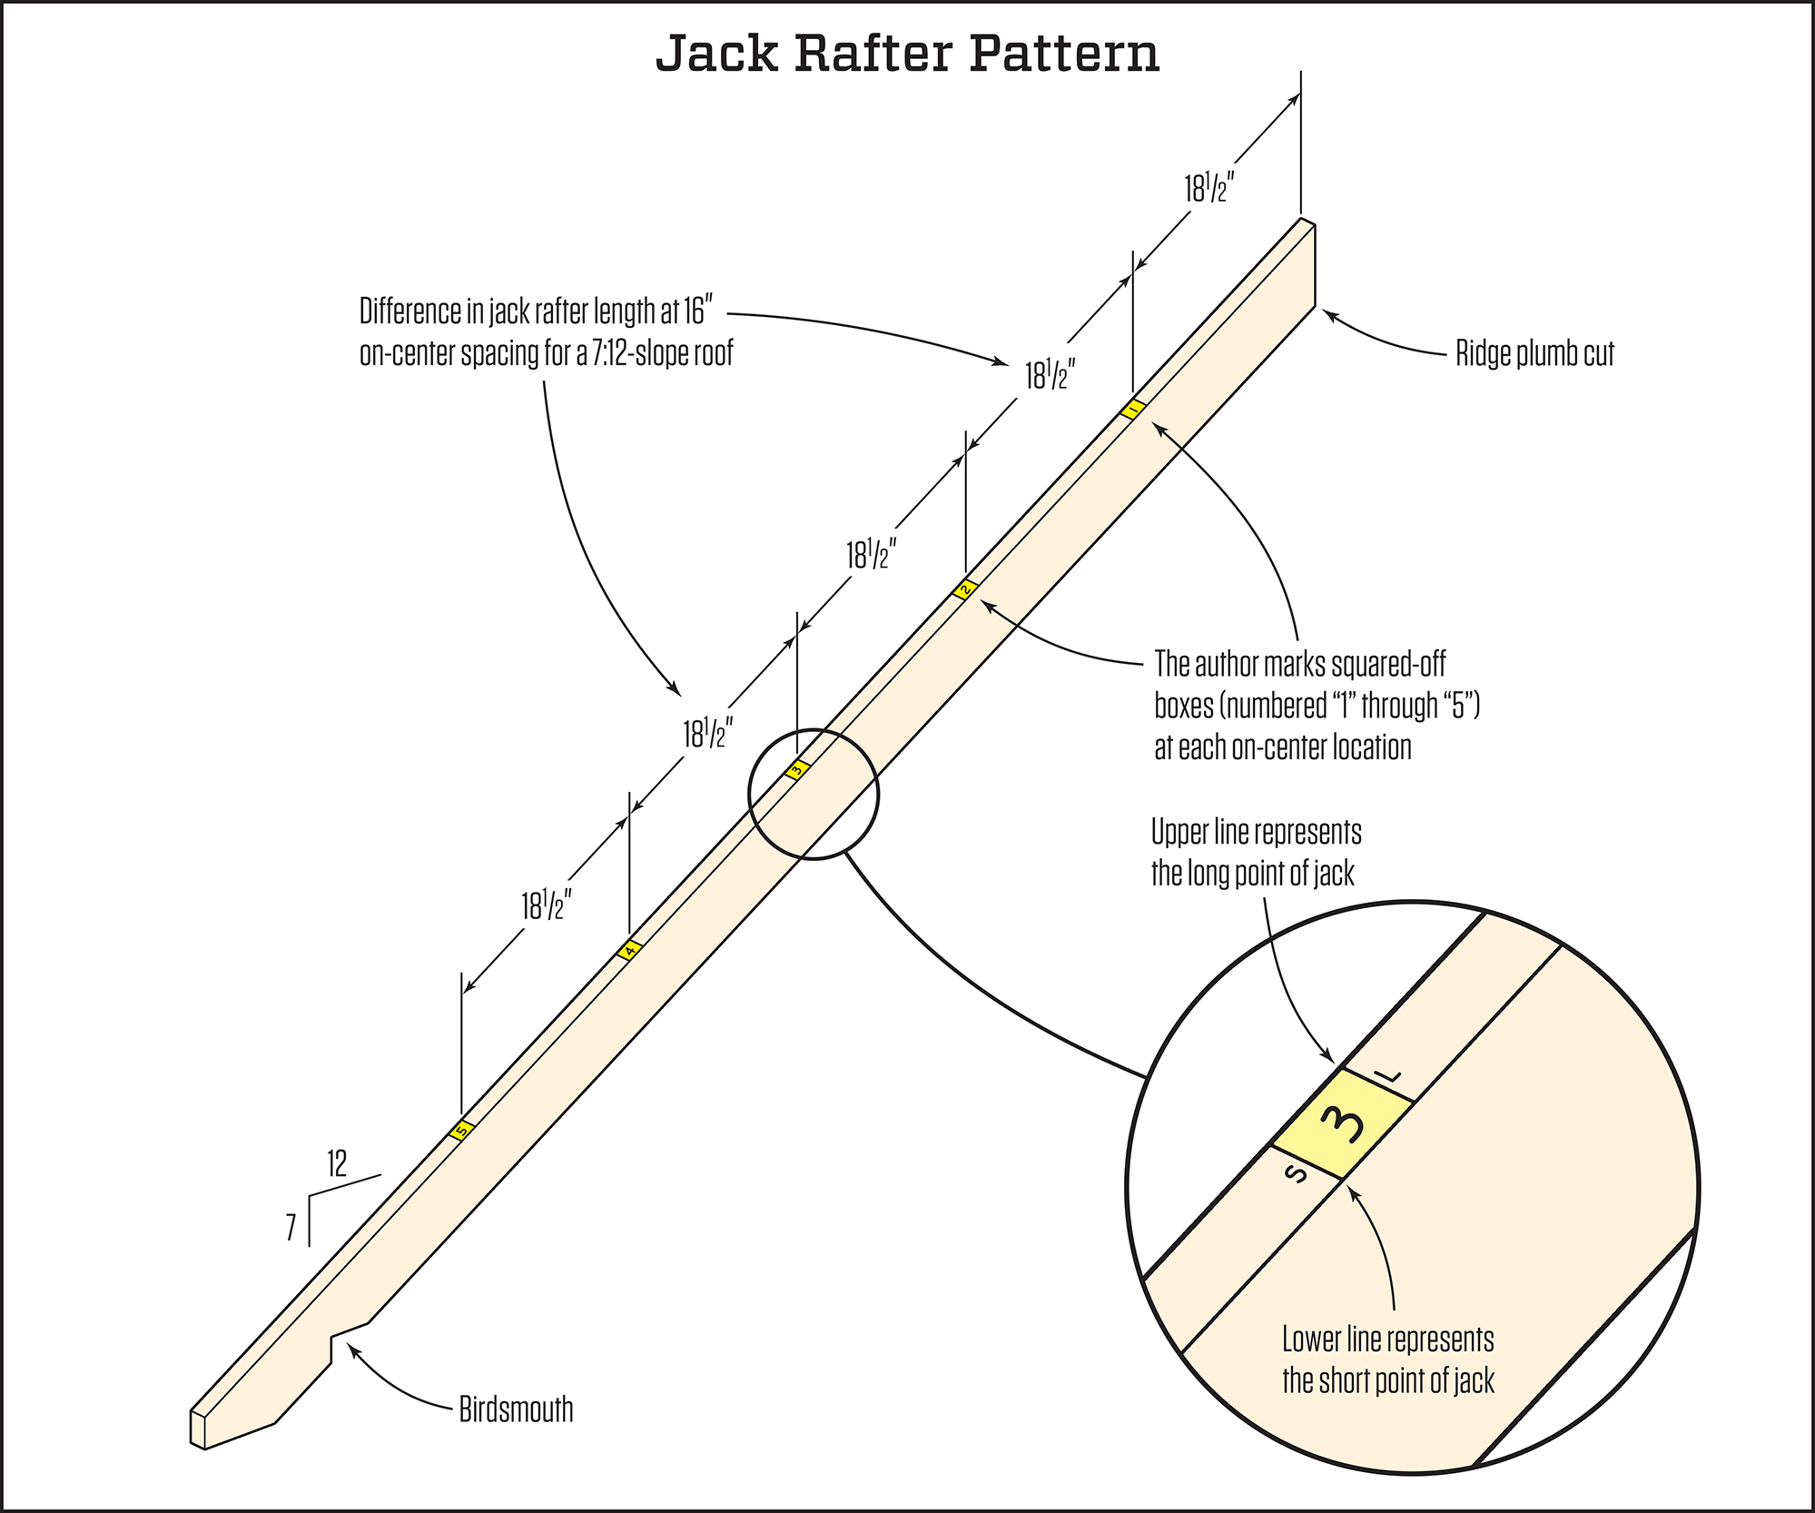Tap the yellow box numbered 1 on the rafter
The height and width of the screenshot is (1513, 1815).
1132,410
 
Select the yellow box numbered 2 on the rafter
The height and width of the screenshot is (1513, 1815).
965,589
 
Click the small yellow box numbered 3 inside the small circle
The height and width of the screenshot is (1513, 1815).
796,770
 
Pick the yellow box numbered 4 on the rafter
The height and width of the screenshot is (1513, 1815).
629,950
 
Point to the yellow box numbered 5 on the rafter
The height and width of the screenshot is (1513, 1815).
461,1131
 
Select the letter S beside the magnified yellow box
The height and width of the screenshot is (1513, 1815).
1297,1174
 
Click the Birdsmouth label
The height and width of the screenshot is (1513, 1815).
516,1409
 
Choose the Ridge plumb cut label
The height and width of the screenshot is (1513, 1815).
1534,353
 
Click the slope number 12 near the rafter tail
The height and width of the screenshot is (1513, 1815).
337,1163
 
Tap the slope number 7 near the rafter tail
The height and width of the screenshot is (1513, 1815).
291,1228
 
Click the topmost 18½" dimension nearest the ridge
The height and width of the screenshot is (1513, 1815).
1208,189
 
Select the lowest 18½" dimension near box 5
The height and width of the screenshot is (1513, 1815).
546,905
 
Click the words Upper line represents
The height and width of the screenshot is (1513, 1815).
1256,832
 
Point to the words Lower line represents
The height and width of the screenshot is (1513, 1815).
1387,1340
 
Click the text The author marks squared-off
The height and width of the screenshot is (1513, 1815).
1299,664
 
